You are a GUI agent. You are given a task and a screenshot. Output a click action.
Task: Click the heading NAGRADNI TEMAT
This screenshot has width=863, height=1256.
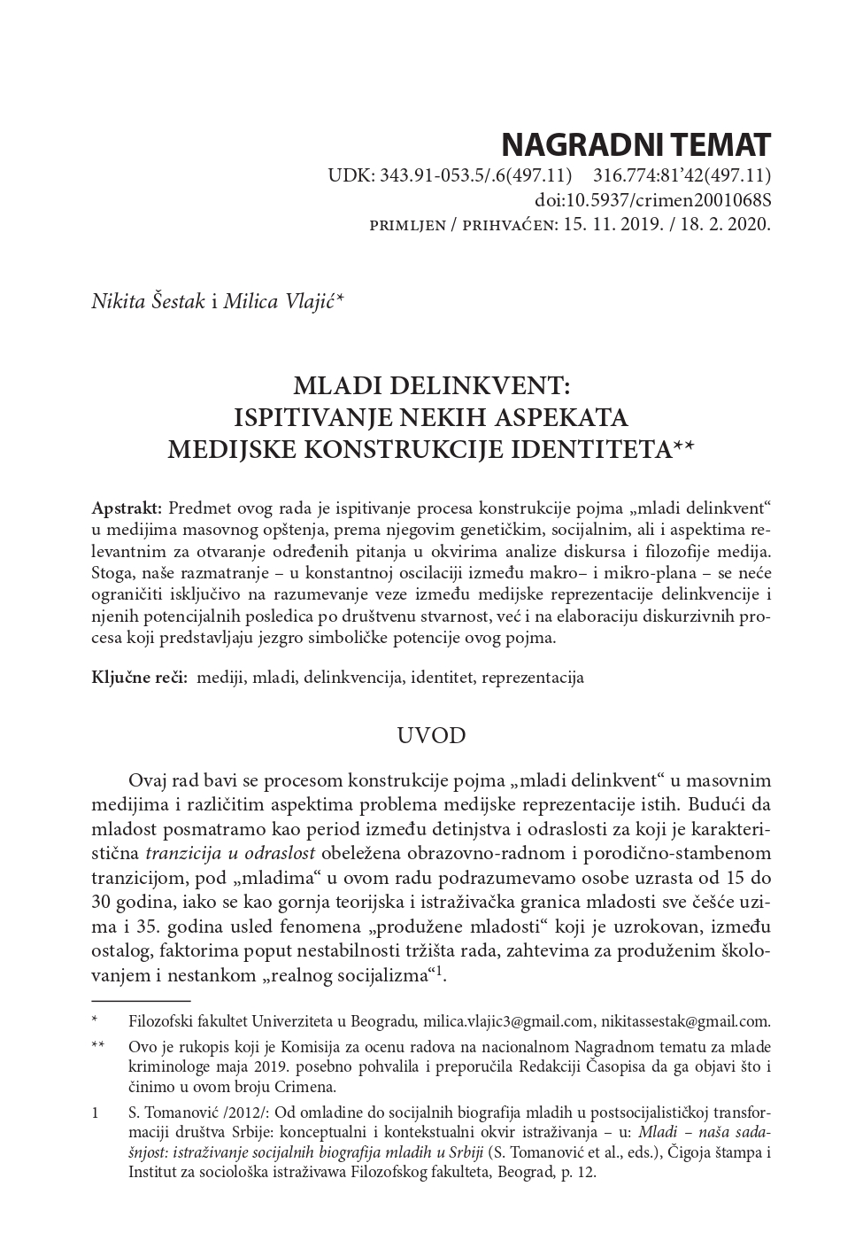click(636, 144)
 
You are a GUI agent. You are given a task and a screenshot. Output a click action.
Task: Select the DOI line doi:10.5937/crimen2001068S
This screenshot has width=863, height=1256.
click(652, 199)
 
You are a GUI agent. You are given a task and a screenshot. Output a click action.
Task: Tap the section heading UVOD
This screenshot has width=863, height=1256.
click(431, 735)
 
